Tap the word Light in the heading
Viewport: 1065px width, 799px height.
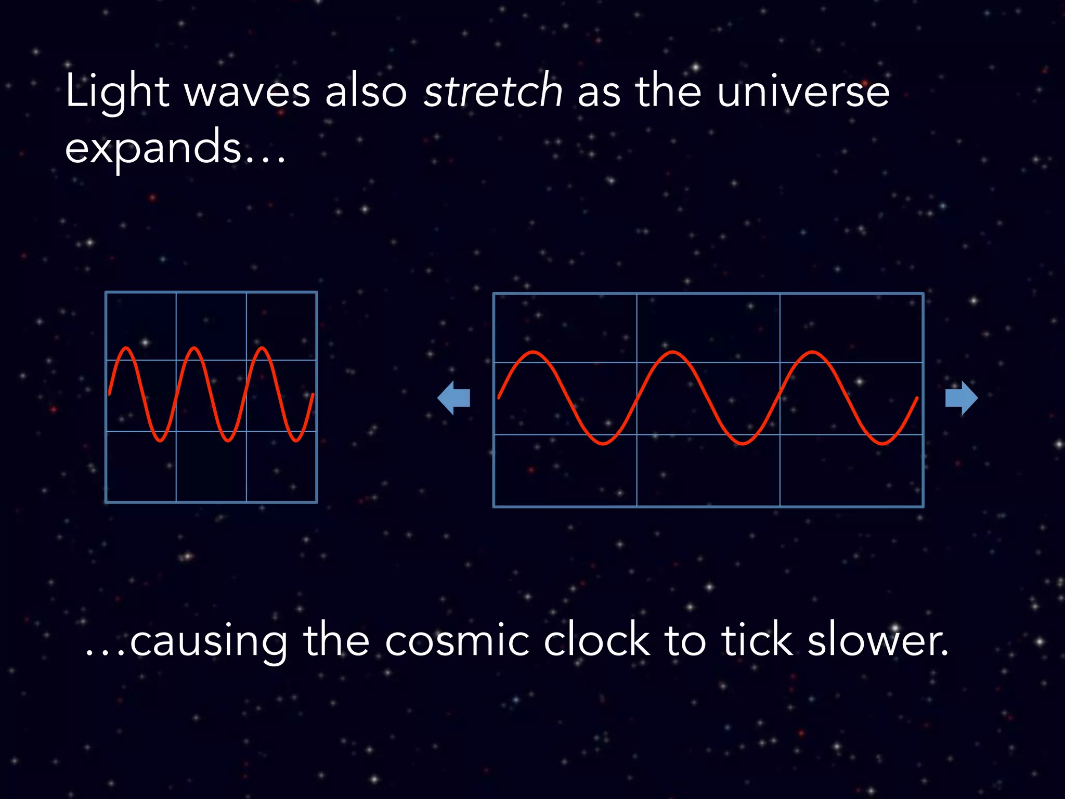pyautogui.click(x=118, y=92)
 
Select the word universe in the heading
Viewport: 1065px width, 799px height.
pyautogui.click(x=803, y=92)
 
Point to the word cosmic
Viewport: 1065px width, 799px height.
pyautogui.click(x=457, y=641)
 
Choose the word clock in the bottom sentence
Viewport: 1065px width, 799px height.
pyautogui.click(x=596, y=641)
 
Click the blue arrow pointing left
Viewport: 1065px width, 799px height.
pyautogui.click(x=453, y=398)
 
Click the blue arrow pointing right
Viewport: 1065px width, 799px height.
pyautogui.click(x=961, y=398)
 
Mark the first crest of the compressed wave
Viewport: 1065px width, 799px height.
pyautogui.click(x=126, y=348)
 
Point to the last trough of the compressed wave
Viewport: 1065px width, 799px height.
pyautogui.click(x=296, y=441)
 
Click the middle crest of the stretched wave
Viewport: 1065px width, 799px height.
pyautogui.click(x=672, y=353)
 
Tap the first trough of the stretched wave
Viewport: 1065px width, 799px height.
pyautogui.click(x=603, y=444)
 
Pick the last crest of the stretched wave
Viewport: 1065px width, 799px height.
pyautogui.click(x=812, y=353)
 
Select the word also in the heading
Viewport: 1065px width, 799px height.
pyautogui.click(x=366, y=92)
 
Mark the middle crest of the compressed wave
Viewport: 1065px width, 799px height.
pyautogui.click(x=194, y=348)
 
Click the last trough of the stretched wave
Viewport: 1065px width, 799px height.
pyautogui.click(x=882, y=444)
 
